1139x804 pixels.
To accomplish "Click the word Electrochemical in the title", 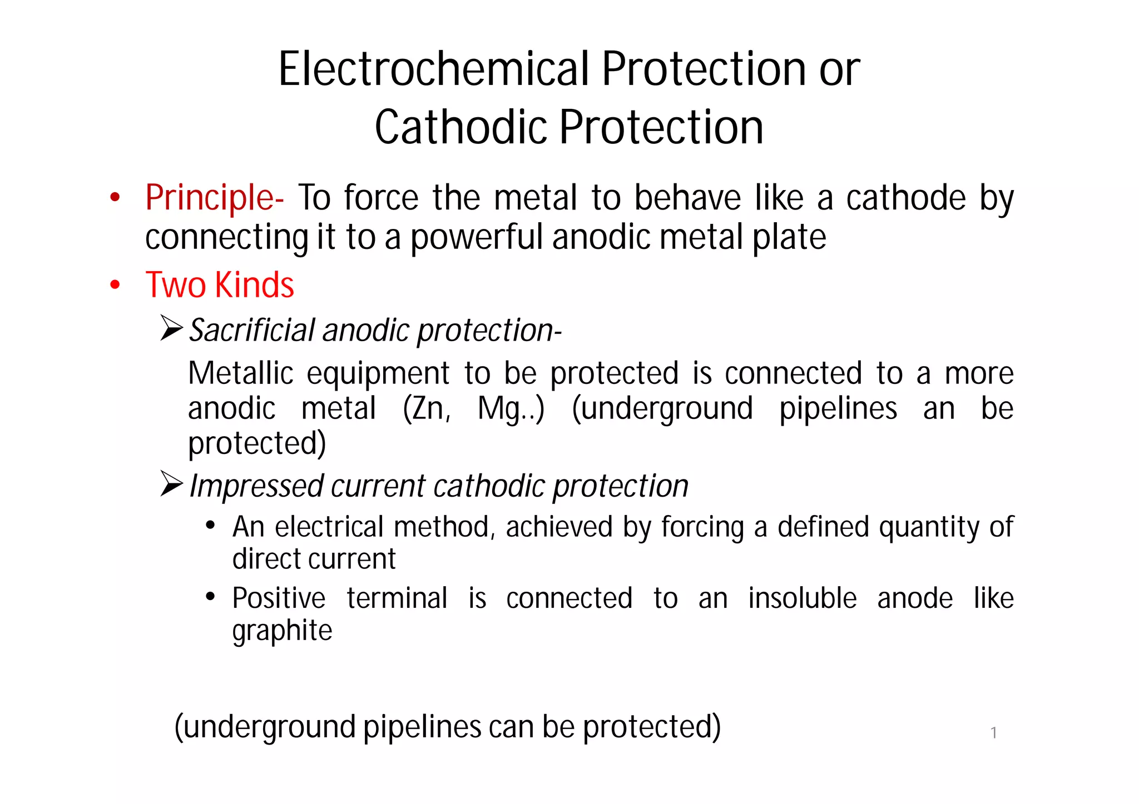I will tap(433, 69).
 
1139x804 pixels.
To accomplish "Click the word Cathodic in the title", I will tap(460, 128).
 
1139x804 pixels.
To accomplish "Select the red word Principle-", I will tap(214, 198).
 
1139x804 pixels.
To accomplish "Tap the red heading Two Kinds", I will tap(220, 285).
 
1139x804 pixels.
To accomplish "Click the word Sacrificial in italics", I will tap(252, 331).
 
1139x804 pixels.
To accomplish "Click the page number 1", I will tap(993, 733).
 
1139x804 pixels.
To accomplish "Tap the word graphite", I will tap(282, 631).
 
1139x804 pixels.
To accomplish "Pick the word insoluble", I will tap(802, 598).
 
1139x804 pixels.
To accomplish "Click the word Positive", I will tap(279, 598).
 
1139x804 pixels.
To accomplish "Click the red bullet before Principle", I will tap(115, 197).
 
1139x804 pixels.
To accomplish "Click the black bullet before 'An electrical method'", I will tap(210, 525).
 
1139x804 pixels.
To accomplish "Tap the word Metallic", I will tap(241, 373).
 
